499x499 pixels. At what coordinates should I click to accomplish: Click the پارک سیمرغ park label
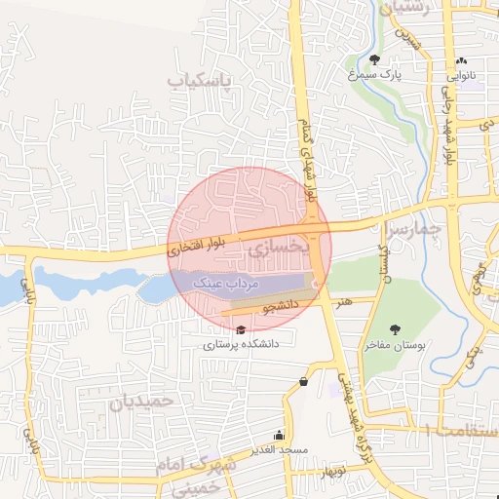coord(377,73)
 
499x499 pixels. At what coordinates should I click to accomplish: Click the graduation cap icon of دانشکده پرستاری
coord(241,330)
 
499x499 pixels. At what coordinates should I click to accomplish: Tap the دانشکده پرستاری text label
coord(241,344)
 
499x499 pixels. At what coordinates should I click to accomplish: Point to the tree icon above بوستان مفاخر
coord(395,329)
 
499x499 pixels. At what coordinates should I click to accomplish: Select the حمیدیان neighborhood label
coord(141,401)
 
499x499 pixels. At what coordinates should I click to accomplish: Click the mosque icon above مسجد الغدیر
coord(280,436)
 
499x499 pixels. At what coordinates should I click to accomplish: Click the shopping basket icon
coord(305,381)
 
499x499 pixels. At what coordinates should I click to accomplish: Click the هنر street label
coord(342,303)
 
